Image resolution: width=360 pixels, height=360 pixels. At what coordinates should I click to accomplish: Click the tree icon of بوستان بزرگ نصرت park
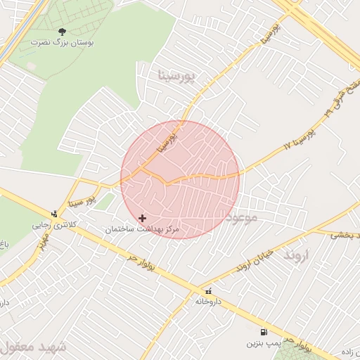62,31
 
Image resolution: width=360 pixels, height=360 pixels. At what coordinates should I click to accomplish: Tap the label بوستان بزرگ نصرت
61,43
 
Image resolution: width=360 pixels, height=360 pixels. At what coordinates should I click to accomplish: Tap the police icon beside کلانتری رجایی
54,214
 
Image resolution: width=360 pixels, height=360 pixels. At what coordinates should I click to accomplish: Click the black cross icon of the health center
143,218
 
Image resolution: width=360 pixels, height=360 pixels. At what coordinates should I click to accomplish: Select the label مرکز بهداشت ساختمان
144,230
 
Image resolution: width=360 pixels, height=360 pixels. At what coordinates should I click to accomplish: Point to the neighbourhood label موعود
242,217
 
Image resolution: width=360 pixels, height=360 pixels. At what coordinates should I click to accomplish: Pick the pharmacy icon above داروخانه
208,290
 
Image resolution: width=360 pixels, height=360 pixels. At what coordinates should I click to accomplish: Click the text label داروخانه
209,301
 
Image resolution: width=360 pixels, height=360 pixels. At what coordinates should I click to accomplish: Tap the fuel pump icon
264,333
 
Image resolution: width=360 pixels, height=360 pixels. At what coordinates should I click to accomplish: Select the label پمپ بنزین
260,344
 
